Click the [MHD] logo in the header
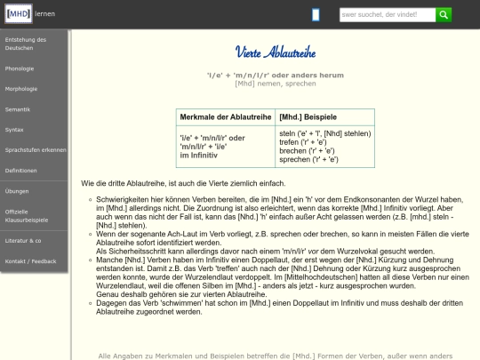(18, 14)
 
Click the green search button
(444, 14)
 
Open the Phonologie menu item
(20, 68)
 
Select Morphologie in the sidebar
(21, 88)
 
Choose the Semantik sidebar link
(17, 108)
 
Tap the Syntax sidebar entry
(14, 129)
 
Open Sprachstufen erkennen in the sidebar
(35, 149)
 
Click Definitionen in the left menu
(21, 170)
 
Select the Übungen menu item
(17, 190)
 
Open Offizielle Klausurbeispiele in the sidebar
(27, 214)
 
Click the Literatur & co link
(23, 240)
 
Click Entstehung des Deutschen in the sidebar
(25, 44)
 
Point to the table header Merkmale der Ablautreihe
(225, 117)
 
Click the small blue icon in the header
(316, 14)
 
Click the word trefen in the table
(290, 142)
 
